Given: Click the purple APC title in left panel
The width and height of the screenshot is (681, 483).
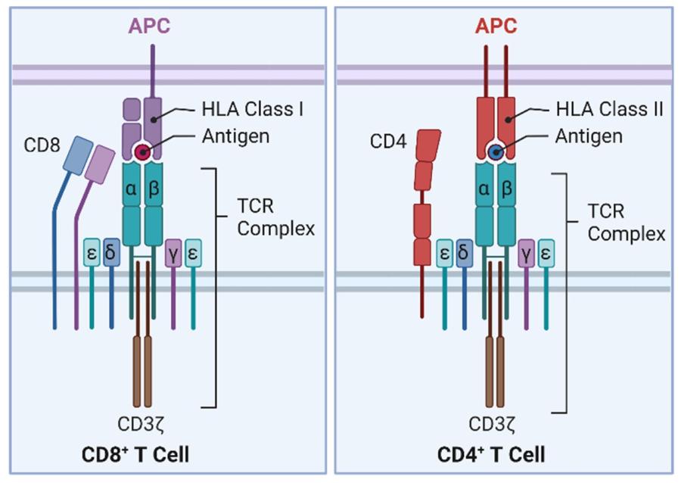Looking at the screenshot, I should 149,26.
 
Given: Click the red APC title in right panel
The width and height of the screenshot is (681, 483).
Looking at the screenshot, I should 496,26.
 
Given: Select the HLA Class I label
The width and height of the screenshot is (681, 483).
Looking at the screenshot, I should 252,109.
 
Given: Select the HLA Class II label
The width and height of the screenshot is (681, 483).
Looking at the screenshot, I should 609,109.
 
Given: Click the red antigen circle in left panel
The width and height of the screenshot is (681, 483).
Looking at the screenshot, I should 142,153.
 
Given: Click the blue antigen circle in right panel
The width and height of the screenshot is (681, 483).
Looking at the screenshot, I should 496,153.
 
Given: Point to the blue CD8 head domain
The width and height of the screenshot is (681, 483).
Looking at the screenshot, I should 78,156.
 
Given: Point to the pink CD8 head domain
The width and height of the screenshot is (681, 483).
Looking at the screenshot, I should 100,165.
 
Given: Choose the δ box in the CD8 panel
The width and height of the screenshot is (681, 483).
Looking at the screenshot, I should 111,252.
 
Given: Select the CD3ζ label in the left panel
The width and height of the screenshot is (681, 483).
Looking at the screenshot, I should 142,422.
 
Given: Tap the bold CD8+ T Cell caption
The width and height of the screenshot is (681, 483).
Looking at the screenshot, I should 135,454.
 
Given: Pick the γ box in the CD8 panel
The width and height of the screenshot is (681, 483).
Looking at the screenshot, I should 173,253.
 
